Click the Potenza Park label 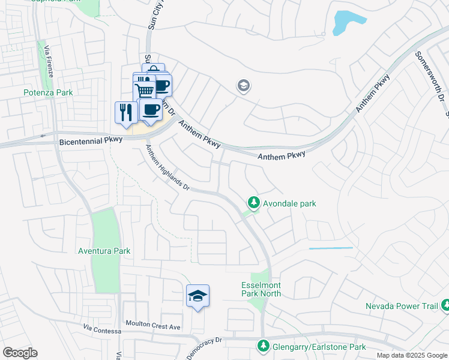click(x=48, y=92)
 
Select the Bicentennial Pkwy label click(x=91, y=140)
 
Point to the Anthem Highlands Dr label click(x=168, y=169)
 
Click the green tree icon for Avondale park click(x=254, y=203)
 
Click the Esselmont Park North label click(x=261, y=290)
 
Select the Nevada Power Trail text click(x=402, y=307)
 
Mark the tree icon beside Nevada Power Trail click(x=445, y=306)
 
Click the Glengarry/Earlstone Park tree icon click(x=263, y=346)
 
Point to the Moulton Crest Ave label click(x=152, y=326)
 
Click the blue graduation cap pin click(x=197, y=296)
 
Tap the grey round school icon click(x=244, y=86)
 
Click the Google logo click(x=20, y=353)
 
